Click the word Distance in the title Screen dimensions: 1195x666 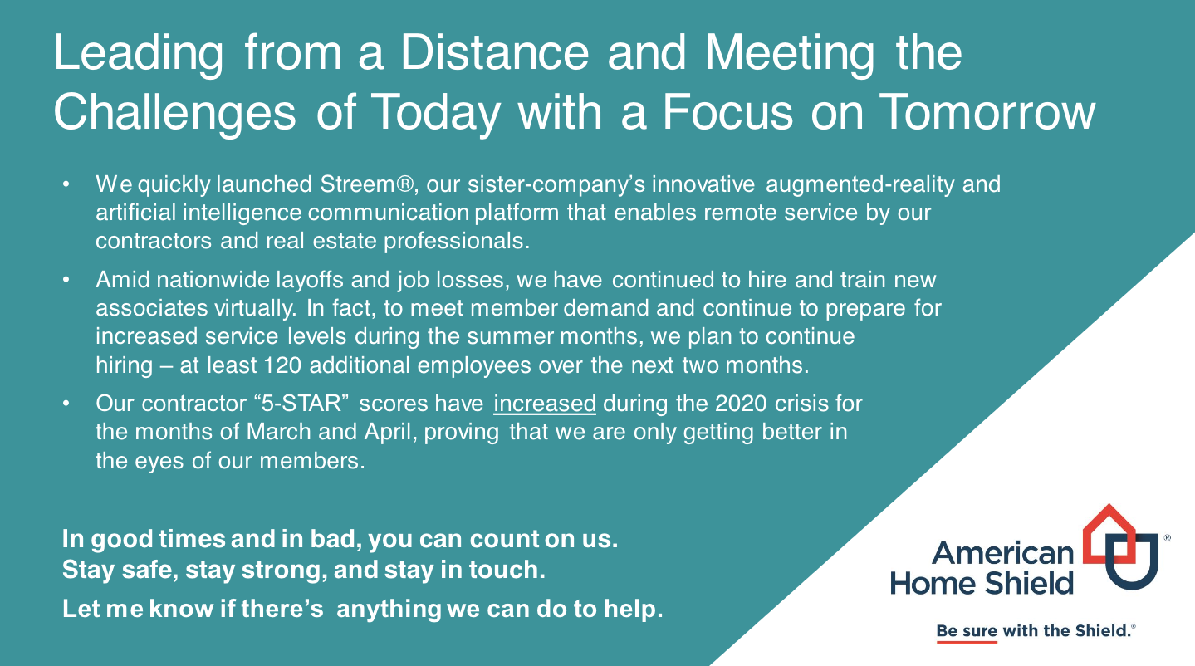[495, 52]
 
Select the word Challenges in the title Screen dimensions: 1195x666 [174, 114]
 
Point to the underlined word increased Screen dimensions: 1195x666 [545, 404]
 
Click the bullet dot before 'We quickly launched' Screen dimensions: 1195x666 [66, 184]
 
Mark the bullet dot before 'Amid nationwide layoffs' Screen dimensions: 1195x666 [66, 280]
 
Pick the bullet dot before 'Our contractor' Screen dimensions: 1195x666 [66, 404]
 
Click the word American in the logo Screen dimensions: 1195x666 [1002, 553]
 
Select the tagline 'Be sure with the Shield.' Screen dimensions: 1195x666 [1036, 631]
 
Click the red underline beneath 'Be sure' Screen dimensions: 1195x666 [967, 642]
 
